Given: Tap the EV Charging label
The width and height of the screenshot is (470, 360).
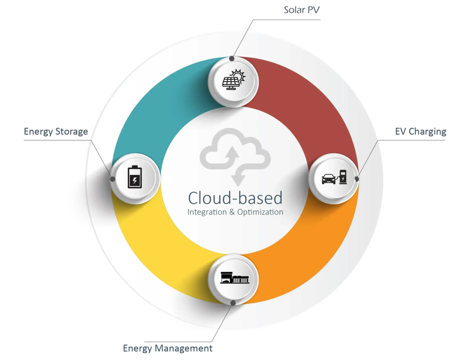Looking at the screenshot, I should point(420,132).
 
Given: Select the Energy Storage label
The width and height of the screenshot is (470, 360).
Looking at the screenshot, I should point(56,132).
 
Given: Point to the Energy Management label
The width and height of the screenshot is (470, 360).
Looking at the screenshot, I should point(168,349).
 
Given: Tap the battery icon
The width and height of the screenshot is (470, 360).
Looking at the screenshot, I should point(134,177).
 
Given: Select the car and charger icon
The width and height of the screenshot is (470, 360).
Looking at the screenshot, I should point(334,177).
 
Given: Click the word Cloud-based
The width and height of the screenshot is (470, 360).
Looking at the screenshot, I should point(235,198).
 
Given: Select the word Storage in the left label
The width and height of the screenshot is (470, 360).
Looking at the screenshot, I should point(73,132).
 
